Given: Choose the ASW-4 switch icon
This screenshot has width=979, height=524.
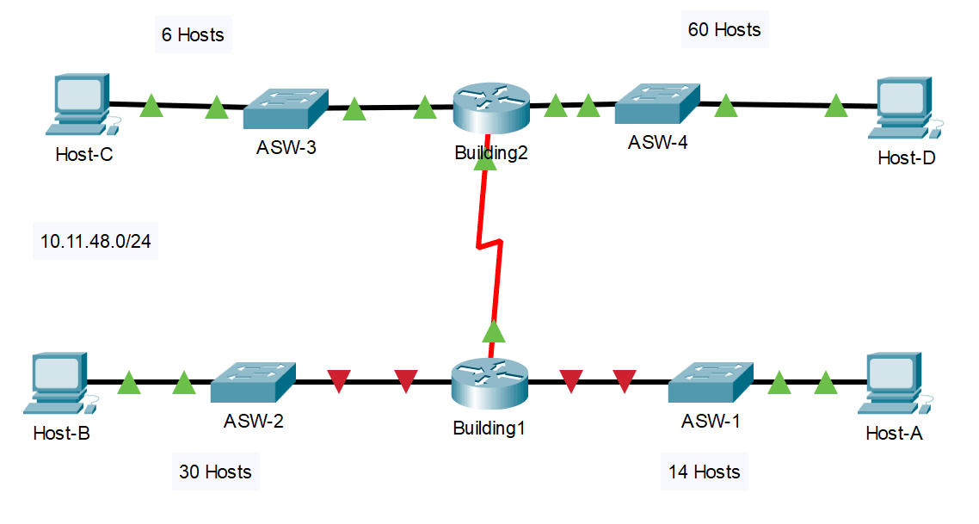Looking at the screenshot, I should (x=657, y=104).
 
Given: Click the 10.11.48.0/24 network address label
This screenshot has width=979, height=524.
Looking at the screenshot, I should (x=95, y=242).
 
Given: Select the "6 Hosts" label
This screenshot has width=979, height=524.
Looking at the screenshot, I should (x=193, y=35).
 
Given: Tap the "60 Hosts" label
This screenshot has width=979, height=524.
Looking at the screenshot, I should (x=724, y=30).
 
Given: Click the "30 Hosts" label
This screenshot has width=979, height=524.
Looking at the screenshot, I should (x=215, y=472).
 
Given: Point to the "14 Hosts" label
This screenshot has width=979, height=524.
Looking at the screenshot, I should (x=705, y=472).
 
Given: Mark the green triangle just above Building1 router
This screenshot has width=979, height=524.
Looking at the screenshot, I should (x=493, y=330).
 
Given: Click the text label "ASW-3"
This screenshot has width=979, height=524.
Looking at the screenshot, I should (x=286, y=148).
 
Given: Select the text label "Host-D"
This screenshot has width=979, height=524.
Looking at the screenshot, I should (x=906, y=158).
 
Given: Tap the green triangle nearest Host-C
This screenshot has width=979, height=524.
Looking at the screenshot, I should (x=151, y=107).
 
